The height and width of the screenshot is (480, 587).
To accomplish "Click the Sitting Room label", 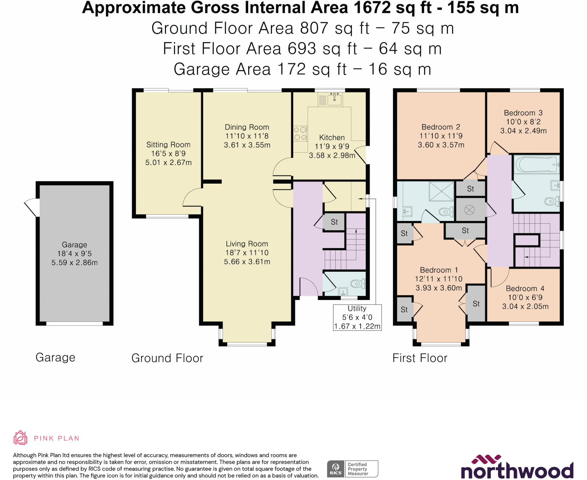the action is (x=168, y=145).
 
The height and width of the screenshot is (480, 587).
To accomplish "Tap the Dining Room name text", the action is (x=247, y=127).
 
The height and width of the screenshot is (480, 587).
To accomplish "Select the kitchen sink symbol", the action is (x=334, y=99).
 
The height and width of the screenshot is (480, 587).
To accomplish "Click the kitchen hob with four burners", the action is (x=300, y=134).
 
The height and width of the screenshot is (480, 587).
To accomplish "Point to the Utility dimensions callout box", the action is (x=357, y=318).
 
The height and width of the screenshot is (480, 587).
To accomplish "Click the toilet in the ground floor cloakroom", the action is (x=358, y=284).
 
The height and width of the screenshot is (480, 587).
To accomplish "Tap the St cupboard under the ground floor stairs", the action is (x=334, y=222).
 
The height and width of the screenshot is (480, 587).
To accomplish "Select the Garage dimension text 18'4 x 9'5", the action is (x=75, y=254).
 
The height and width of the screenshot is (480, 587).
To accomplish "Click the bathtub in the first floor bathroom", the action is (x=537, y=164).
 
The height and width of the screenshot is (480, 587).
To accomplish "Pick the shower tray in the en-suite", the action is (x=441, y=191).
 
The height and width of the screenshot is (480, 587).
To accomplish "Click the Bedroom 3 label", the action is (x=523, y=113).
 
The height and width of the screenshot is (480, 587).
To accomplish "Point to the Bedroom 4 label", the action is (x=525, y=288).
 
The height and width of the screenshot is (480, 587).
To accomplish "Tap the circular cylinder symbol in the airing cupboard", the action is (x=469, y=210).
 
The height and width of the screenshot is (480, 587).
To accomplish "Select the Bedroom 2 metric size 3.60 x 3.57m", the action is (x=441, y=145).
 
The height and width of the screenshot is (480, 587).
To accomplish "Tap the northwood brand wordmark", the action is (x=517, y=470).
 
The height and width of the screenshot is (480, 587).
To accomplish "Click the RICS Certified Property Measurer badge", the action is (x=353, y=469).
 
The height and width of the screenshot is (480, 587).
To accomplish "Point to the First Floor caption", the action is (x=420, y=358).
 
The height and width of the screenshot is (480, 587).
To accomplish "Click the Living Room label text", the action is (x=247, y=244).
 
